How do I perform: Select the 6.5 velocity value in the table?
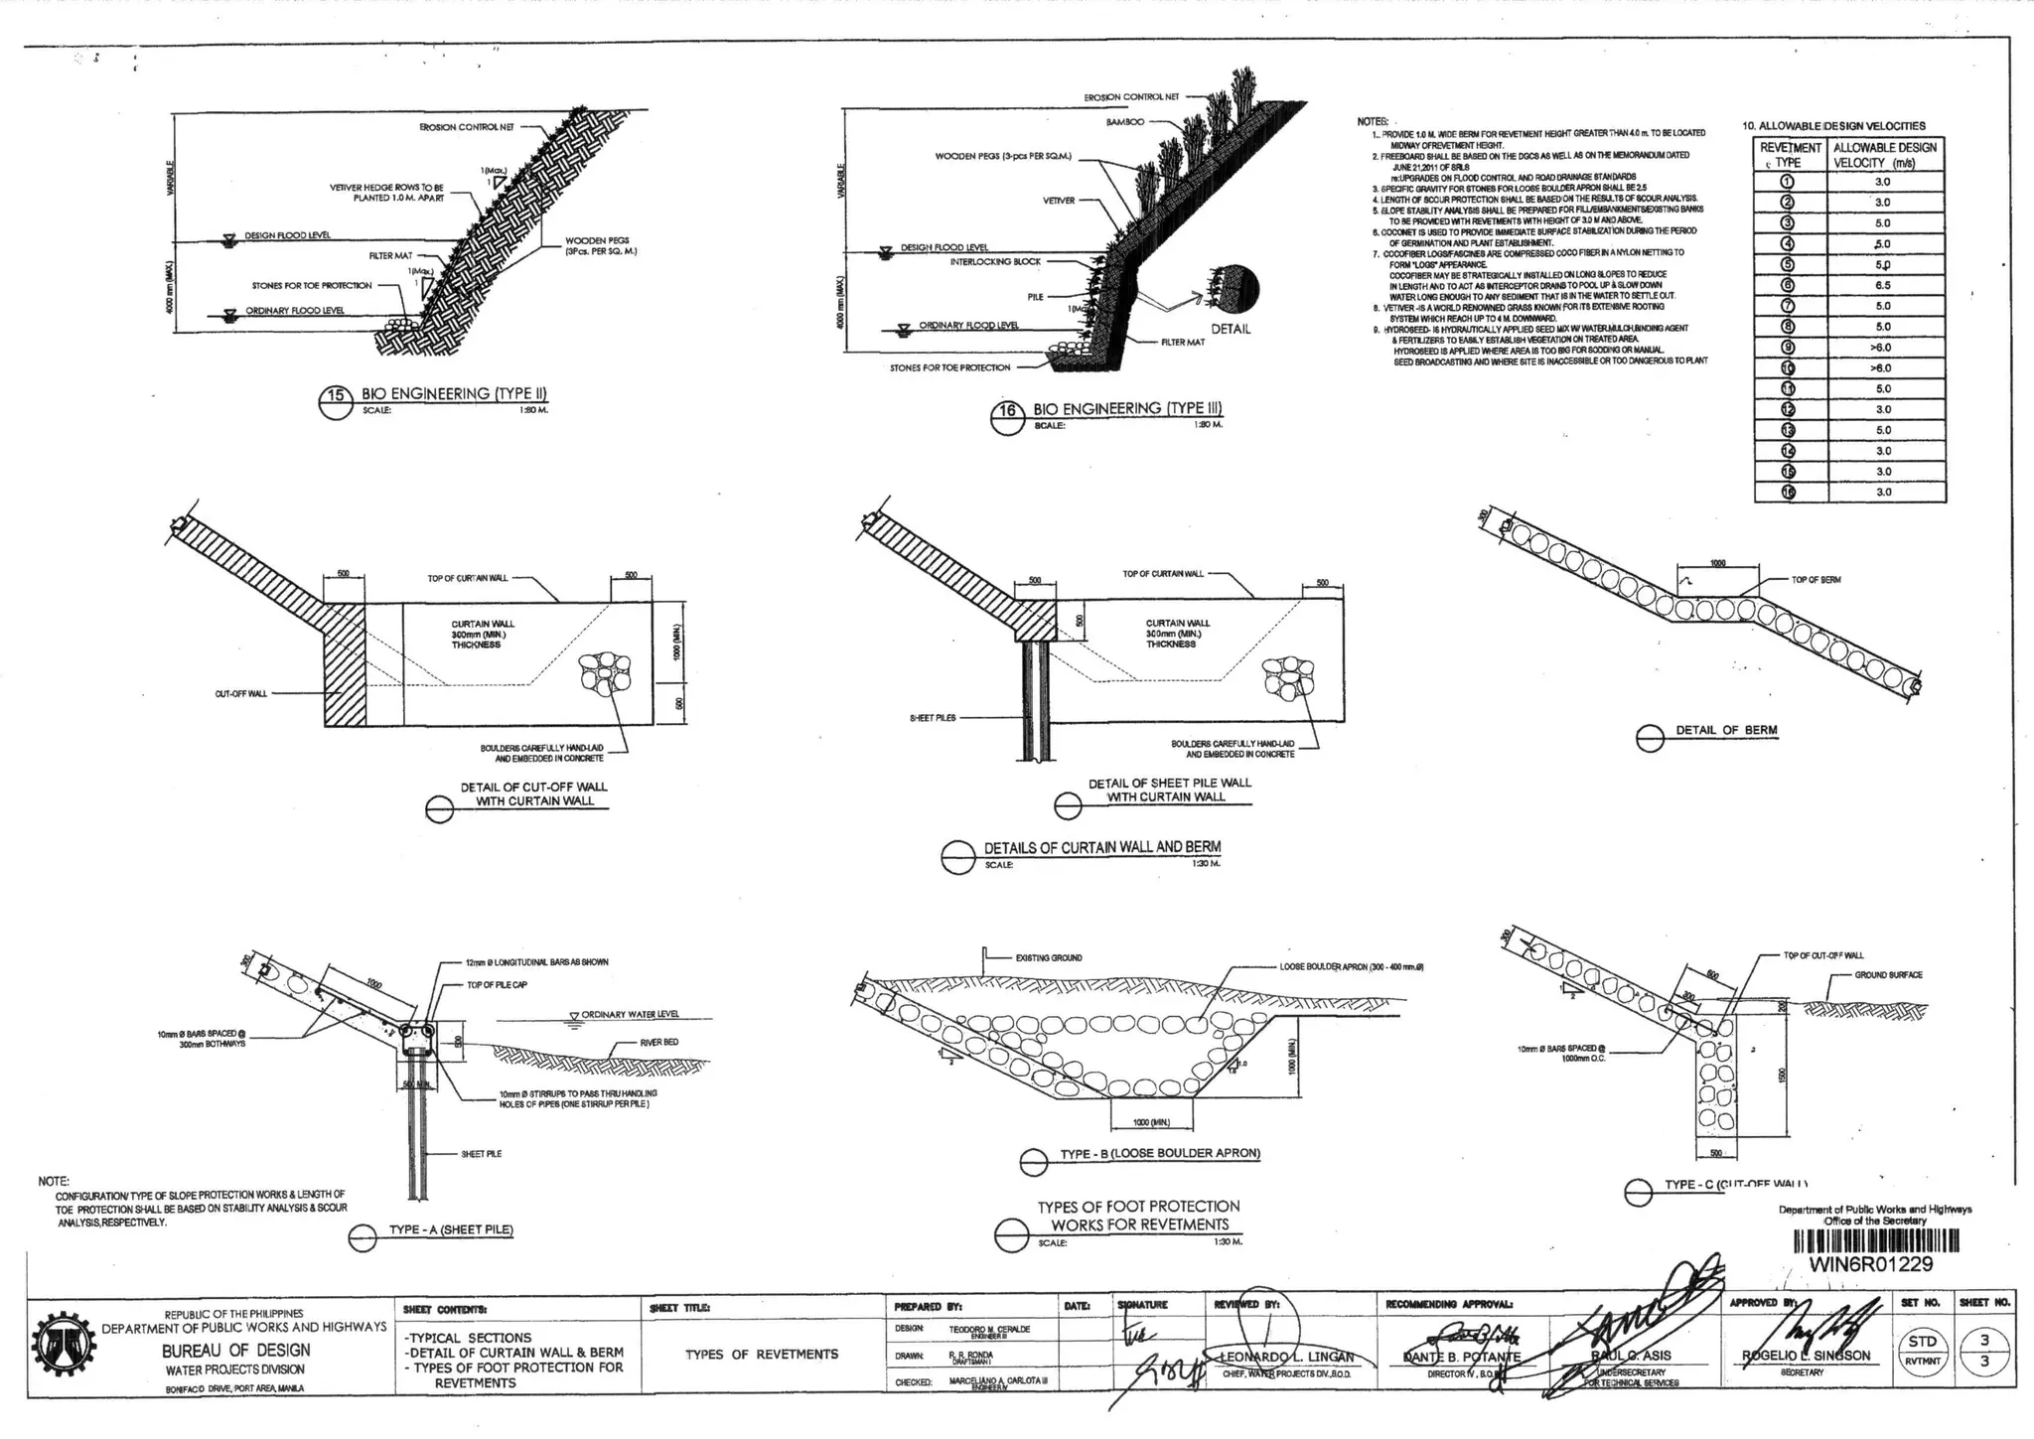coord(1882,285)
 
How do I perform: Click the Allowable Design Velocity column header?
coord(1884,155)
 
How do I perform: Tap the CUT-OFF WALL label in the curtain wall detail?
coord(241,694)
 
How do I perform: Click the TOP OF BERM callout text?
coord(1816,580)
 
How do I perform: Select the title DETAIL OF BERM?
coord(1726,730)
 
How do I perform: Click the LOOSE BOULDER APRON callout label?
coord(1351,966)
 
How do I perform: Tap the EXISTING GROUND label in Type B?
coord(1048,957)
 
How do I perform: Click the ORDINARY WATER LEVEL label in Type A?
coord(630,1014)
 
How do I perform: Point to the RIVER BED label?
coord(659,1043)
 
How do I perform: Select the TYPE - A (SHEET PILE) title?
coord(450,1229)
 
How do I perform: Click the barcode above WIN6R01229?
coord(1876,1241)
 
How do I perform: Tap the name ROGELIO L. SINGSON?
coord(1806,1356)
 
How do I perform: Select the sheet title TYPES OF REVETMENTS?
coord(762,1354)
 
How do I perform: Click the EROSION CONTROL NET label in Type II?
coord(466,127)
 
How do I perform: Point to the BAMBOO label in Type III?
coord(1124,121)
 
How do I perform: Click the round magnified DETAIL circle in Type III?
coord(1233,289)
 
